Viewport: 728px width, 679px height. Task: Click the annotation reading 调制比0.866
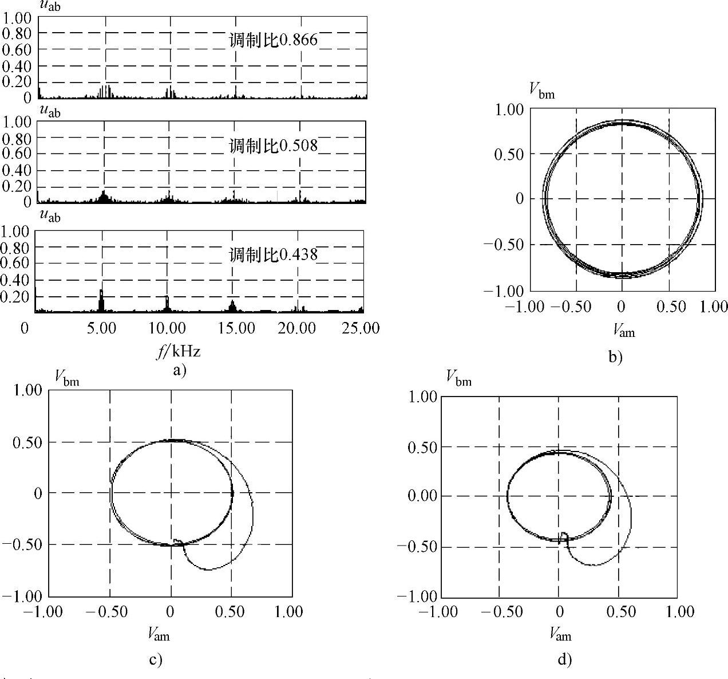[x=273, y=40]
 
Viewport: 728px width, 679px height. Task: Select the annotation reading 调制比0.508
[x=273, y=146]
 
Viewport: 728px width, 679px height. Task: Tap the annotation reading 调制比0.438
[x=273, y=254]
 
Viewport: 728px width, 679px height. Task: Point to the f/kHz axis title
[x=179, y=352]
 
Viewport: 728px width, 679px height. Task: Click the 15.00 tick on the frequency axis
[x=236, y=328]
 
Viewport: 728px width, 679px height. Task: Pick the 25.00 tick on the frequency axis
[x=361, y=328]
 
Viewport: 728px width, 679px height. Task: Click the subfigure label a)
[x=180, y=370]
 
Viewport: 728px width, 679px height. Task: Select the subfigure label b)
[x=615, y=356]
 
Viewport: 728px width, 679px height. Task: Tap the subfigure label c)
[x=156, y=660]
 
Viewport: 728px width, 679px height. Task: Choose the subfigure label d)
[x=564, y=660]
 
